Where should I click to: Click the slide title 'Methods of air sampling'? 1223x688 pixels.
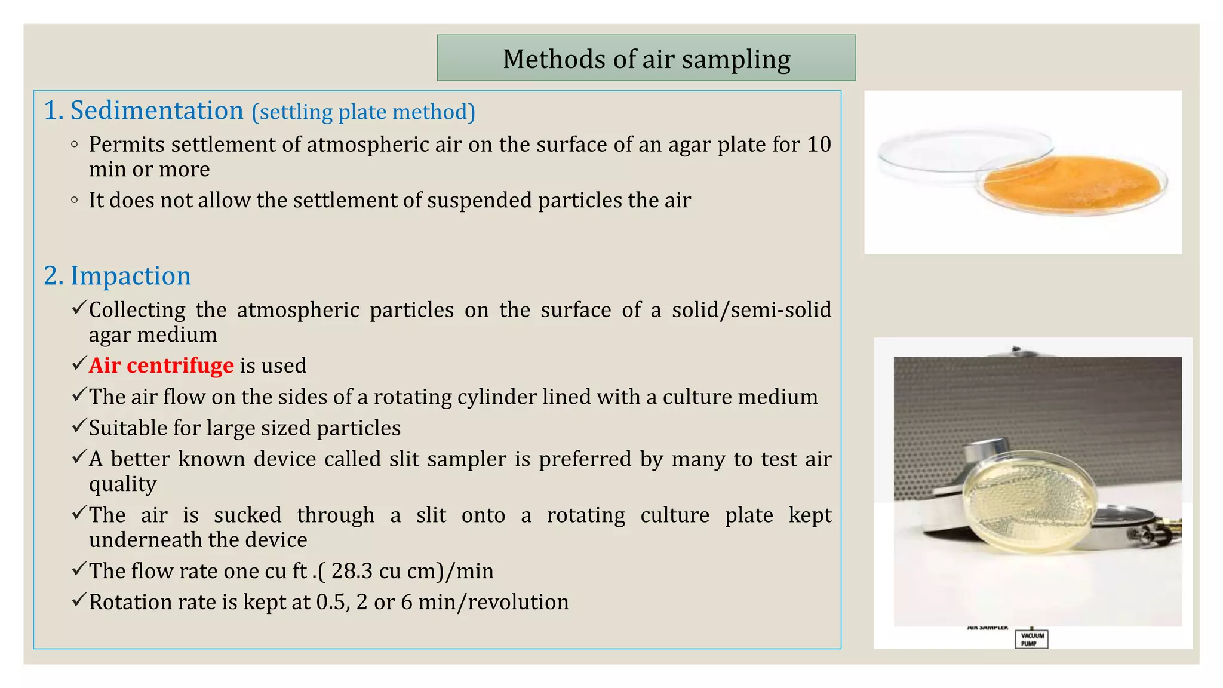[646, 59]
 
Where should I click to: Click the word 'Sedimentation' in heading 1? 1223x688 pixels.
[157, 111]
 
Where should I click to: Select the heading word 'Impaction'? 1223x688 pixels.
[131, 276]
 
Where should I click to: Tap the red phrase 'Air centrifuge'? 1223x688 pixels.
[161, 365]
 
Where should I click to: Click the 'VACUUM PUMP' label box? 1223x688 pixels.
[1031, 639]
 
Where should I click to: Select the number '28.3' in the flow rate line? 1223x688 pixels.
[352, 571]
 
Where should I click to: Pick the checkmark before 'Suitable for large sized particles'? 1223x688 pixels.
[79, 426]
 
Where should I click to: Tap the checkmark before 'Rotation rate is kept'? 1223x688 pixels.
[79, 600]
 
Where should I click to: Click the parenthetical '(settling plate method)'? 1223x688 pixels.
[363, 112]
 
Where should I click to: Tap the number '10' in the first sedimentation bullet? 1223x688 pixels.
[819, 145]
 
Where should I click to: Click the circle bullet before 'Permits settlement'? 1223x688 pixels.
[74, 144]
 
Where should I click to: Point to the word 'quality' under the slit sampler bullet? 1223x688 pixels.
[122, 484]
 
